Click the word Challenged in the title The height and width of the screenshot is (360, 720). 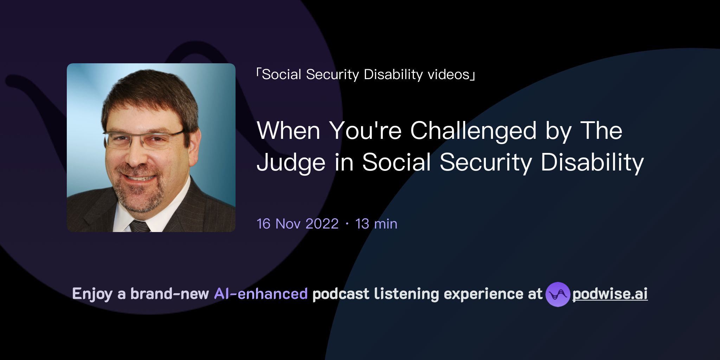473,131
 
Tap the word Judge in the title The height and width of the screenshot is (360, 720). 291,162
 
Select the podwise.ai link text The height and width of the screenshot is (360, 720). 610,294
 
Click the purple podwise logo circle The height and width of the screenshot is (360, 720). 557,294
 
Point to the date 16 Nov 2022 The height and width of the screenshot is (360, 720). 297,224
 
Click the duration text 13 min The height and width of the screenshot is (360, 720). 376,224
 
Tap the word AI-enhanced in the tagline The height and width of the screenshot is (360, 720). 261,294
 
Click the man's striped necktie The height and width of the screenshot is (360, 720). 140,226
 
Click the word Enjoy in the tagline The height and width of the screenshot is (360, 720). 92,294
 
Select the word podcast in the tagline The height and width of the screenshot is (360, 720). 341,294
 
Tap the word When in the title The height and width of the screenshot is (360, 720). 288,131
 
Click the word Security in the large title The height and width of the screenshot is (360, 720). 486,162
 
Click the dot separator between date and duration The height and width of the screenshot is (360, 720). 347,224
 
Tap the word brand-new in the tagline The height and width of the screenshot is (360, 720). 169,294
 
